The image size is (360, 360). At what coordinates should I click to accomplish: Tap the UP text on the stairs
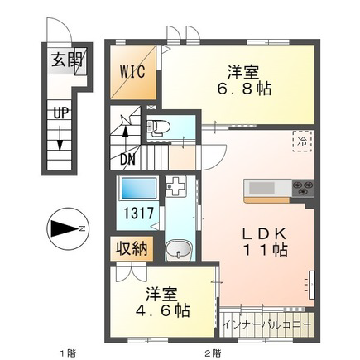tap(61, 113)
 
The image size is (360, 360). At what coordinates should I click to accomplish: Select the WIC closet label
tap(132, 72)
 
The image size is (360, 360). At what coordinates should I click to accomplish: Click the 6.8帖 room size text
tap(244, 89)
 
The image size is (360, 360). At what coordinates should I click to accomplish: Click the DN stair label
tap(127, 160)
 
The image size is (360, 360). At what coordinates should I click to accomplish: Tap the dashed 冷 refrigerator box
tap(302, 141)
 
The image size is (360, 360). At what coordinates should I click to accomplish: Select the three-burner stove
tap(303, 188)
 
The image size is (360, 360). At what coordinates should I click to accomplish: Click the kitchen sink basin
tap(262, 189)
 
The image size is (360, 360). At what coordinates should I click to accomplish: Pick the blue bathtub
tap(137, 188)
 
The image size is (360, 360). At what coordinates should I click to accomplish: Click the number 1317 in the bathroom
tap(138, 214)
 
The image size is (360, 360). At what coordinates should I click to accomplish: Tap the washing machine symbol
tap(176, 186)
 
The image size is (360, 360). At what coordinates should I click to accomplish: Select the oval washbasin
tap(179, 249)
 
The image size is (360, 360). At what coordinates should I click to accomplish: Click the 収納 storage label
tap(131, 249)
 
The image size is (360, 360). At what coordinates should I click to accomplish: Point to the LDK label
tap(264, 234)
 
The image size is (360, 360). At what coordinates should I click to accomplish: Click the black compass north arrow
tap(64, 228)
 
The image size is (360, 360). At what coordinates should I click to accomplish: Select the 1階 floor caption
tap(68, 353)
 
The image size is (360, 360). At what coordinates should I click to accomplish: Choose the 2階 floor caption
tap(213, 353)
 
